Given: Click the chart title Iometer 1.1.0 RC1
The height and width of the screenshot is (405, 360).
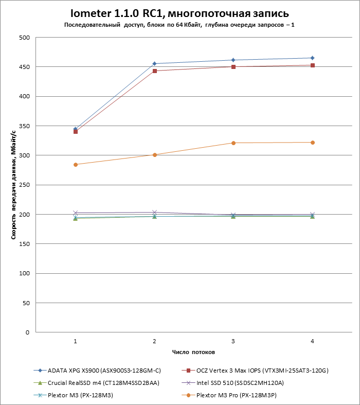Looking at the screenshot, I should [x=179, y=12].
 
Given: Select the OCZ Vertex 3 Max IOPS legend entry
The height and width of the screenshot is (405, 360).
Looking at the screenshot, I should [x=262, y=370].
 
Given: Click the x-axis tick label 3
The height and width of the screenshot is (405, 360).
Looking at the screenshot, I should [x=233, y=341].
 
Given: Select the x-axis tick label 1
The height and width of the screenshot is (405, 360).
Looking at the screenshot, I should [x=76, y=341].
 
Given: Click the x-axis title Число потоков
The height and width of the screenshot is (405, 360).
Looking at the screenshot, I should [x=193, y=353].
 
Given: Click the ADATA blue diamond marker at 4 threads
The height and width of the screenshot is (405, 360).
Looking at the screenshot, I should [x=312, y=58].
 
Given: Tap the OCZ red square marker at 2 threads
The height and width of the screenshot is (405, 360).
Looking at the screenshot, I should [x=154, y=71].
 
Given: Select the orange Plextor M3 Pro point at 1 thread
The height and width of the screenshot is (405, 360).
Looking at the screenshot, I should [x=76, y=165].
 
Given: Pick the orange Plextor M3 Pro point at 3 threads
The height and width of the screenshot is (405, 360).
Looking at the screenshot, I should [x=233, y=143].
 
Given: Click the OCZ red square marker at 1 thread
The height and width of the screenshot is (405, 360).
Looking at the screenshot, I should [x=76, y=132].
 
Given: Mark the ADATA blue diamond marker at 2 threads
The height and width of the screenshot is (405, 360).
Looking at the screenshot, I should [x=154, y=64].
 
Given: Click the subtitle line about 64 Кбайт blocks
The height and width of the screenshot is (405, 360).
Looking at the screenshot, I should [x=179, y=25].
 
